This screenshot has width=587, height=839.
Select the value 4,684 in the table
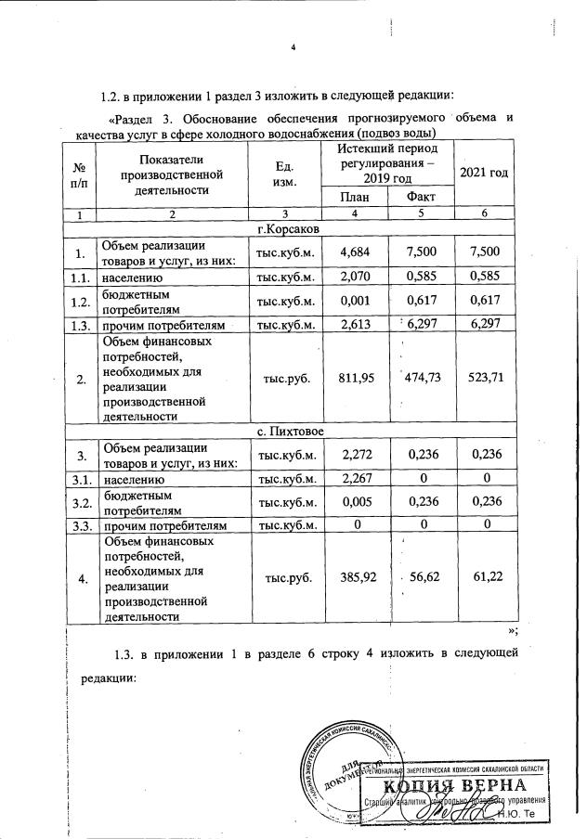[357, 252]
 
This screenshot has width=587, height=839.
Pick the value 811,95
[357, 379]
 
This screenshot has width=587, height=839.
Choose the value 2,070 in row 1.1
[357, 277]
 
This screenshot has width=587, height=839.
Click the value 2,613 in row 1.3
[357, 324]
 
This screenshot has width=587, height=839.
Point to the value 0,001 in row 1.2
[357, 300]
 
